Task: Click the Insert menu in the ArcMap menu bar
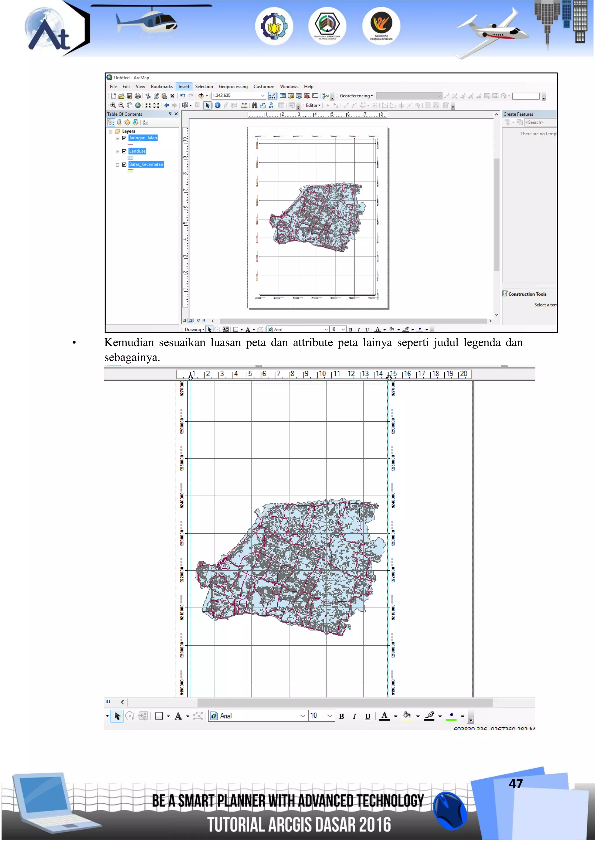point(184,87)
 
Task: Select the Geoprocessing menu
point(233,87)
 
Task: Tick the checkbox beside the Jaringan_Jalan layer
point(124,138)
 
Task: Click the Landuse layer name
point(137,151)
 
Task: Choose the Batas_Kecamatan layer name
point(146,164)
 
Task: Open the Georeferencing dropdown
point(356,96)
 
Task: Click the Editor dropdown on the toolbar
point(313,105)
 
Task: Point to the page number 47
point(515,784)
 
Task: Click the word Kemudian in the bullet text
point(129,342)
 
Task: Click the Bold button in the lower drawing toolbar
point(341,716)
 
